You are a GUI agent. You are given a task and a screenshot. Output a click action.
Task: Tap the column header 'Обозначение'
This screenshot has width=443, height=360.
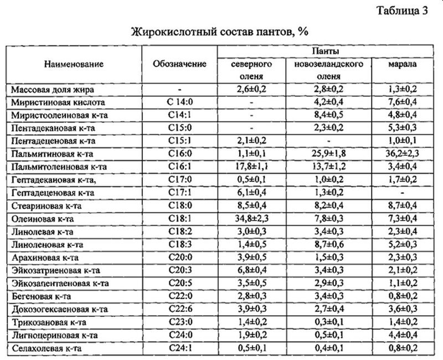(x=179, y=64)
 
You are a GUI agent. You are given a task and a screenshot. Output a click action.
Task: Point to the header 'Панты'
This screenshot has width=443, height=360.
(x=324, y=50)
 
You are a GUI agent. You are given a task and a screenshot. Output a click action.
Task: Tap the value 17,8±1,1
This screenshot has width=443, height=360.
(x=251, y=167)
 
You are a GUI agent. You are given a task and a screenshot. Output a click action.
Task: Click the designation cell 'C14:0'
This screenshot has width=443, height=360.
(x=179, y=102)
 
